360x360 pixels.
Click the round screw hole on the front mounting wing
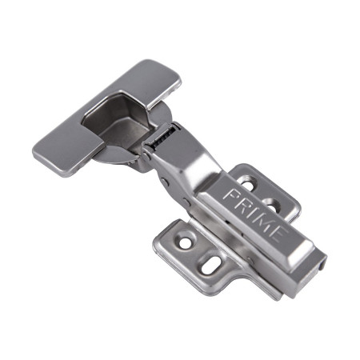click(x=186, y=242)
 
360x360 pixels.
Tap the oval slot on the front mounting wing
click(x=210, y=265)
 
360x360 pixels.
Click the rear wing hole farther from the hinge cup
click(x=271, y=205)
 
